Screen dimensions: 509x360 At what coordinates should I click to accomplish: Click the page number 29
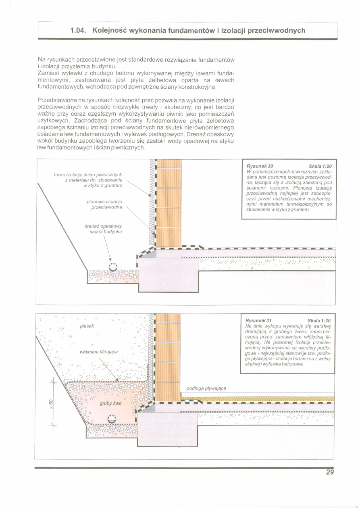coord(330,473)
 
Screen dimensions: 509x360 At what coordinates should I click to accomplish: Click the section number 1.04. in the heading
coord(79,31)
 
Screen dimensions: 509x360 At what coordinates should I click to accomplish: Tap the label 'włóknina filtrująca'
coord(99,352)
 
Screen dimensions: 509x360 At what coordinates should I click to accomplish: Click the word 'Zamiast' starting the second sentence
coord(49,73)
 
